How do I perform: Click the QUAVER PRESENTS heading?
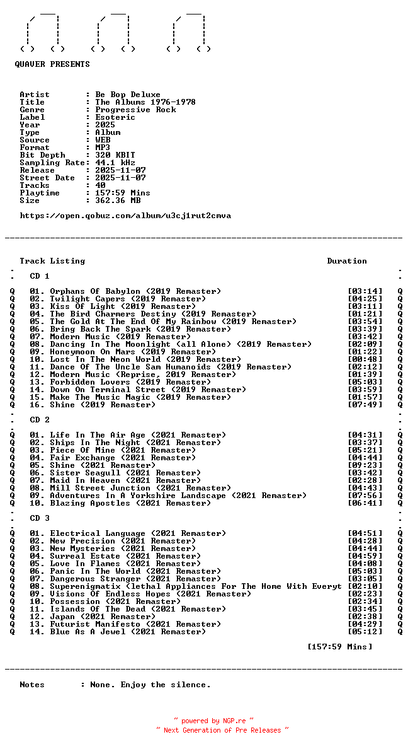(52, 64)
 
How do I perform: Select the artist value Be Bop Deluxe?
(128, 95)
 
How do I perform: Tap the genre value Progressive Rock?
(135, 110)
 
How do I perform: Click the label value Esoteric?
(115, 117)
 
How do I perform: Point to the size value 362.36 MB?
(118, 200)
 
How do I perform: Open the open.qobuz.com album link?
(125, 216)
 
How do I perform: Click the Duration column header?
(347, 261)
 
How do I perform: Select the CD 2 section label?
(40, 420)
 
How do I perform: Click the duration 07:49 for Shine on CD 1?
(365, 405)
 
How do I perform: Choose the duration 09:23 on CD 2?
(365, 465)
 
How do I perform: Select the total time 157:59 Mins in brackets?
(339, 647)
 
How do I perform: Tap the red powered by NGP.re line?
(214, 721)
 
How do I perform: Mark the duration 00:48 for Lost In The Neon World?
(365, 359)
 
